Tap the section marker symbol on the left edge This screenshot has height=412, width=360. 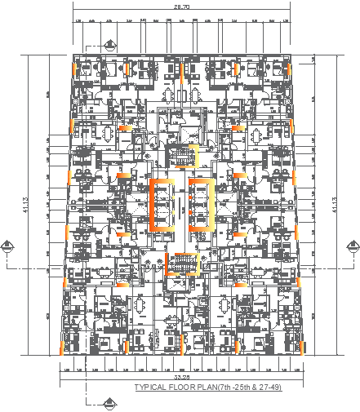(x=7, y=246)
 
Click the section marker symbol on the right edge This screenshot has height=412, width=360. (x=352, y=246)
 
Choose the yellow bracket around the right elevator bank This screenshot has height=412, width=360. (x=211, y=204)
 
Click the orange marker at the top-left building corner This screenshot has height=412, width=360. (x=75, y=65)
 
